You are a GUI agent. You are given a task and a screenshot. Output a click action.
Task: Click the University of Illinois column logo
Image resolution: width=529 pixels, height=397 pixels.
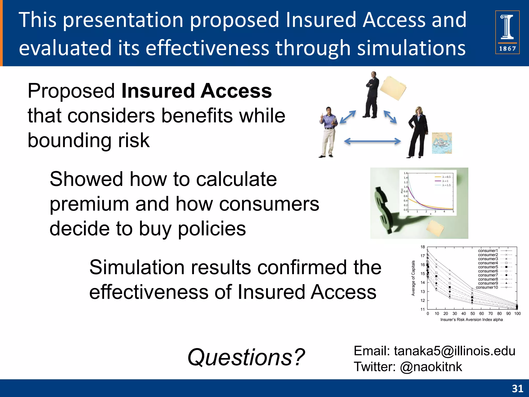click(x=507, y=32)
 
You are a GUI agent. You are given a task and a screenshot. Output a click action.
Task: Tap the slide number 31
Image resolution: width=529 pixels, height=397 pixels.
click(x=517, y=388)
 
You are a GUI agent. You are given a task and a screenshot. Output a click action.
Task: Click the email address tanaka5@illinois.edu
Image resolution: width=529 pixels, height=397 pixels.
click(x=454, y=351)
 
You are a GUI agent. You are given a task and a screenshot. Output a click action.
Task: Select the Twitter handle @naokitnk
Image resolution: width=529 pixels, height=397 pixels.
click(x=431, y=367)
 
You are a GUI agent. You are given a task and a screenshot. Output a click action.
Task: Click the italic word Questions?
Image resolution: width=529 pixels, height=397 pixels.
click(x=246, y=357)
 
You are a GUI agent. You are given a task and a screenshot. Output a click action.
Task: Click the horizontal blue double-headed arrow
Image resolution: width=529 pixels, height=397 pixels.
click(x=372, y=141)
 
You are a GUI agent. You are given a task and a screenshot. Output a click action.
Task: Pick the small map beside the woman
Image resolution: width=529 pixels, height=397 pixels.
click(x=442, y=143)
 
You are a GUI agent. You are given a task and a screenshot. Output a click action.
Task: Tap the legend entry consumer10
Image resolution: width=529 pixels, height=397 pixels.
click(x=487, y=287)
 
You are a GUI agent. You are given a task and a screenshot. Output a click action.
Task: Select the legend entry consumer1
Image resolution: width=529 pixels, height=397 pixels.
click(x=488, y=251)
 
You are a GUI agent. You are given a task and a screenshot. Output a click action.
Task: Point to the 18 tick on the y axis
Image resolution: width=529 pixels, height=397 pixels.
click(x=423, y=247)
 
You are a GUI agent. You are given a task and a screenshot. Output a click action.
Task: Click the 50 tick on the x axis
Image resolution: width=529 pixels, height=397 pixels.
click(x=472, y=314)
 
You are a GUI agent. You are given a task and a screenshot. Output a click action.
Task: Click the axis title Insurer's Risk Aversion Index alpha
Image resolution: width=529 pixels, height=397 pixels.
click(x=471, y=320)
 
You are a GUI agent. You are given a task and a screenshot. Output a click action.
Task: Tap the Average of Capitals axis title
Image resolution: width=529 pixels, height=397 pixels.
click(x=413, y=278)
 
